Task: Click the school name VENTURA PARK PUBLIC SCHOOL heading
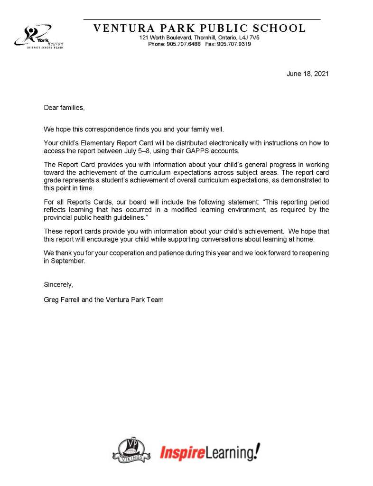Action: pyautogui.click(x=200, y=28)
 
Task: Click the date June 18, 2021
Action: pyautogui.click(x=308, y=74)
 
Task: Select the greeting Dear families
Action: pyautogui.click(x=64, y=108)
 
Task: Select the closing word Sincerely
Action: pyautogui.click(x=58, y=284)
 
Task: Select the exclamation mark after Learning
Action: pyautogui.click(x=257, y=451)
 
